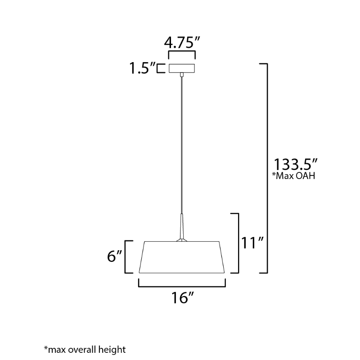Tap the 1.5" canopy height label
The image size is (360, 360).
click(x=142, y=68)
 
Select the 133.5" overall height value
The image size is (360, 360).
click(x=296, y=164)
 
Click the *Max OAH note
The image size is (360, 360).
click(x=294, y=176)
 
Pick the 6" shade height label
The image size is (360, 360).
click(x=114, y=256)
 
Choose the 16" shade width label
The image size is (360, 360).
click(x=183, y=298)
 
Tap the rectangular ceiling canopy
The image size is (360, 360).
click(x=182, y=68)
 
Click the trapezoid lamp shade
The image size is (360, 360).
click(x=182, y=257)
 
